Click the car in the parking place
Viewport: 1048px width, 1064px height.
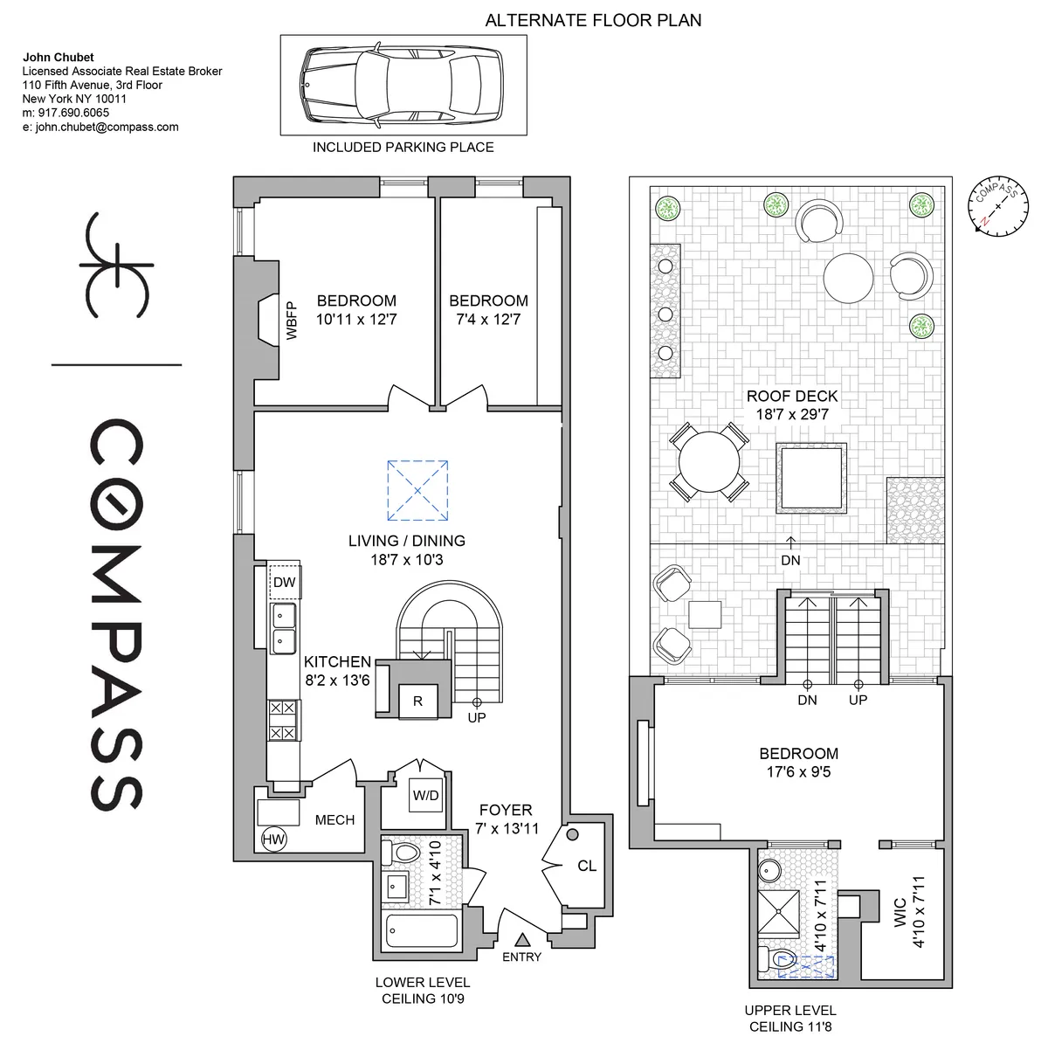403,84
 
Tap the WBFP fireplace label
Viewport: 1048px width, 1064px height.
293,321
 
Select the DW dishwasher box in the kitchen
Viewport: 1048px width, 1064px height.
284,583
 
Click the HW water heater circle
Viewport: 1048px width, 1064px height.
273,839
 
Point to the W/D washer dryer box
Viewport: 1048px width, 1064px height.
426,796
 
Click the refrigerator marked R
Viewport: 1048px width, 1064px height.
417,701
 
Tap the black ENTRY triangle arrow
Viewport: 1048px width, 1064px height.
522,940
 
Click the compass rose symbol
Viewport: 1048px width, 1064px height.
996,205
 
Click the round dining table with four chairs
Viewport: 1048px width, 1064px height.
709,461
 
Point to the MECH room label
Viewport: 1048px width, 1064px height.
334,819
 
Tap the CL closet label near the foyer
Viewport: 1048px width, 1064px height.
587,866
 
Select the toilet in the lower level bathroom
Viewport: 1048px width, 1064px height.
406,853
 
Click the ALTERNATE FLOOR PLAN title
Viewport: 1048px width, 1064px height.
593,19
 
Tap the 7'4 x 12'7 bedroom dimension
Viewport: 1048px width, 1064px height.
488,320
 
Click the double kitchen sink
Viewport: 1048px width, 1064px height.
283,628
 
